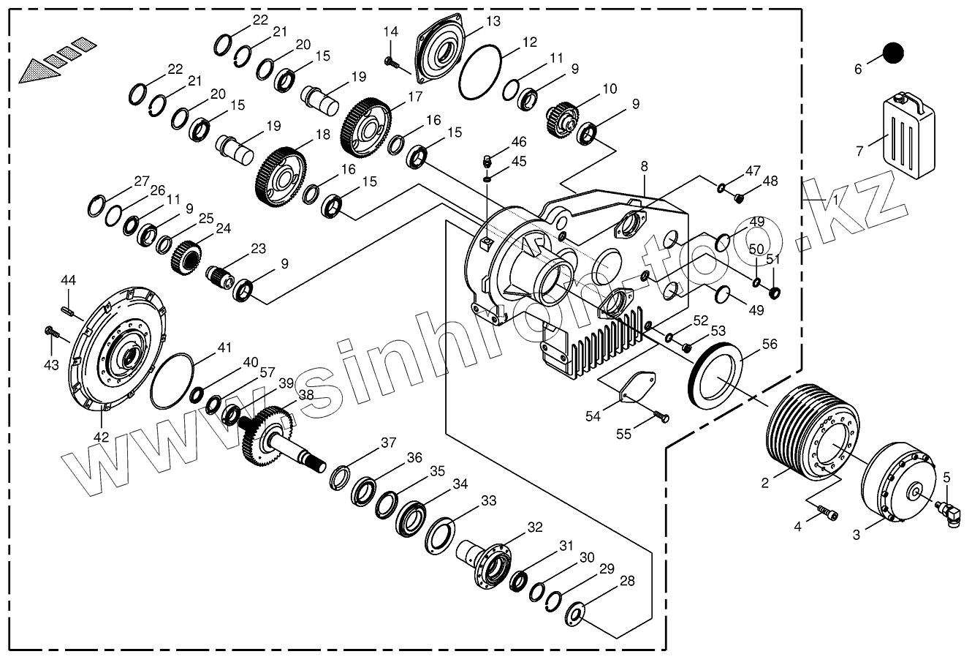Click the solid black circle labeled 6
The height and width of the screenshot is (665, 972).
pyautogui.click(x=892, y=53)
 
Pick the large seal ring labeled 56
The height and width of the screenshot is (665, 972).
pyautogui.click(x=716, y=377)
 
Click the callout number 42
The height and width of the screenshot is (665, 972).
pyautogui.click(x=101, y=437)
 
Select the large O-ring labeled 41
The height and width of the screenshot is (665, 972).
pyautogui.click(x=172, y=380)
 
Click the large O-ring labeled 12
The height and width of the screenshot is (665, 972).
pyautogui.click(x=480, y=71)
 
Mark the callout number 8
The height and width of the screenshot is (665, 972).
pyautogui.click(x=644, y=167)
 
